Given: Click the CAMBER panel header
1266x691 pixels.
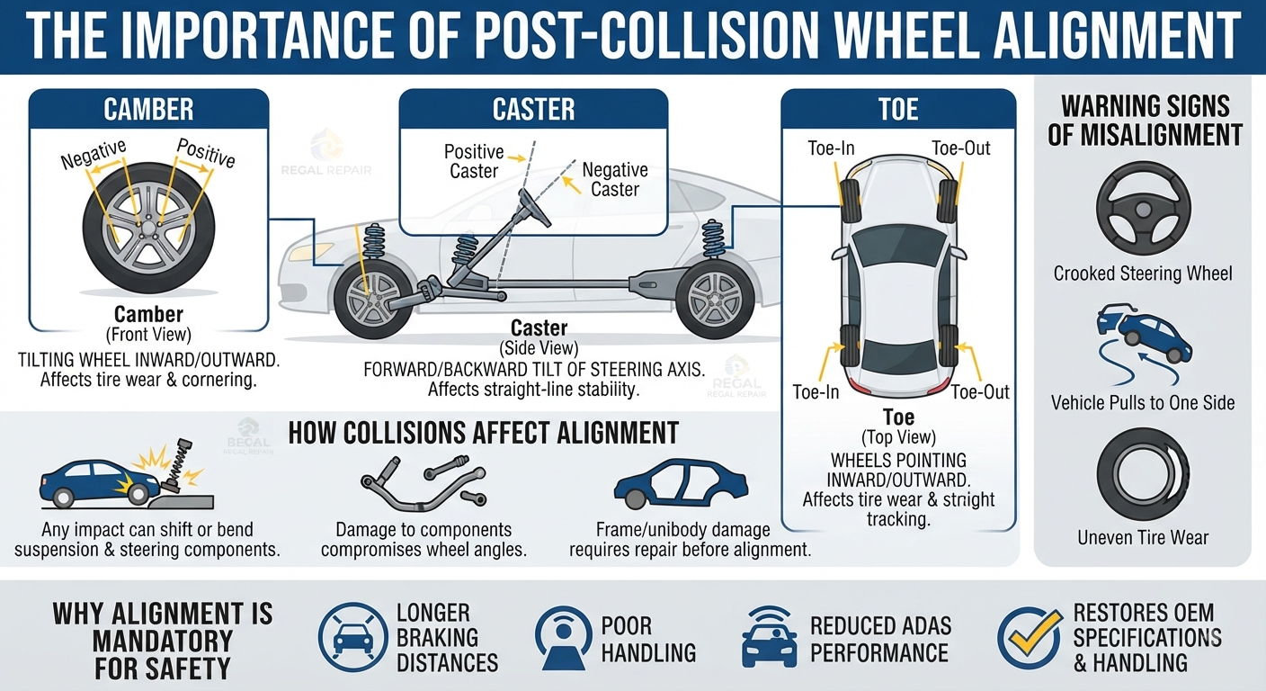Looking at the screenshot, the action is [148, 109].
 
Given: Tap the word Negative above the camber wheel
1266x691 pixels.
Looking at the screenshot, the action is [94, 153].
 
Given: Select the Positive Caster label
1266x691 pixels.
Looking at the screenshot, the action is [474, 161].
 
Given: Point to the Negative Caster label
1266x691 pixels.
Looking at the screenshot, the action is [615, 179].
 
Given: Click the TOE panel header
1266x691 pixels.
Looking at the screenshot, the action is [898, 109].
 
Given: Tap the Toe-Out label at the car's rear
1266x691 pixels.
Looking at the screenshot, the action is [979, 392].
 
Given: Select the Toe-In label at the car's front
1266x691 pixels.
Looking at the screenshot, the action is [831, 148].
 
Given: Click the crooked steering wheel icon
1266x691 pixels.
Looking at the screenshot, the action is [1144, 209].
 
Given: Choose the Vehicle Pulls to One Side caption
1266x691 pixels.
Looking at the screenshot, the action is [1143, 402].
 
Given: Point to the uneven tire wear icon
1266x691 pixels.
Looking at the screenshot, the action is [1143, 474].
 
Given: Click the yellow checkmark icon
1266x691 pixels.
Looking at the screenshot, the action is [1030, 636].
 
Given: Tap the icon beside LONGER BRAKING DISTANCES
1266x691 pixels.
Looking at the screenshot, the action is [353, 637].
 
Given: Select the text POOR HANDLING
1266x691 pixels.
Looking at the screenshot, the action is [647, 639].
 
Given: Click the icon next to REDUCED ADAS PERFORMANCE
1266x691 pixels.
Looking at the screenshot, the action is [769, 638].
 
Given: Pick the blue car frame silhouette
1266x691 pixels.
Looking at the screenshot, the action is [681, 484].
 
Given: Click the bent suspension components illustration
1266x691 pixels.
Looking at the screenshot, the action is [423, 482].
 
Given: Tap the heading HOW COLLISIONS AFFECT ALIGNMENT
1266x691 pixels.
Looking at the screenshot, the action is [483, 433].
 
